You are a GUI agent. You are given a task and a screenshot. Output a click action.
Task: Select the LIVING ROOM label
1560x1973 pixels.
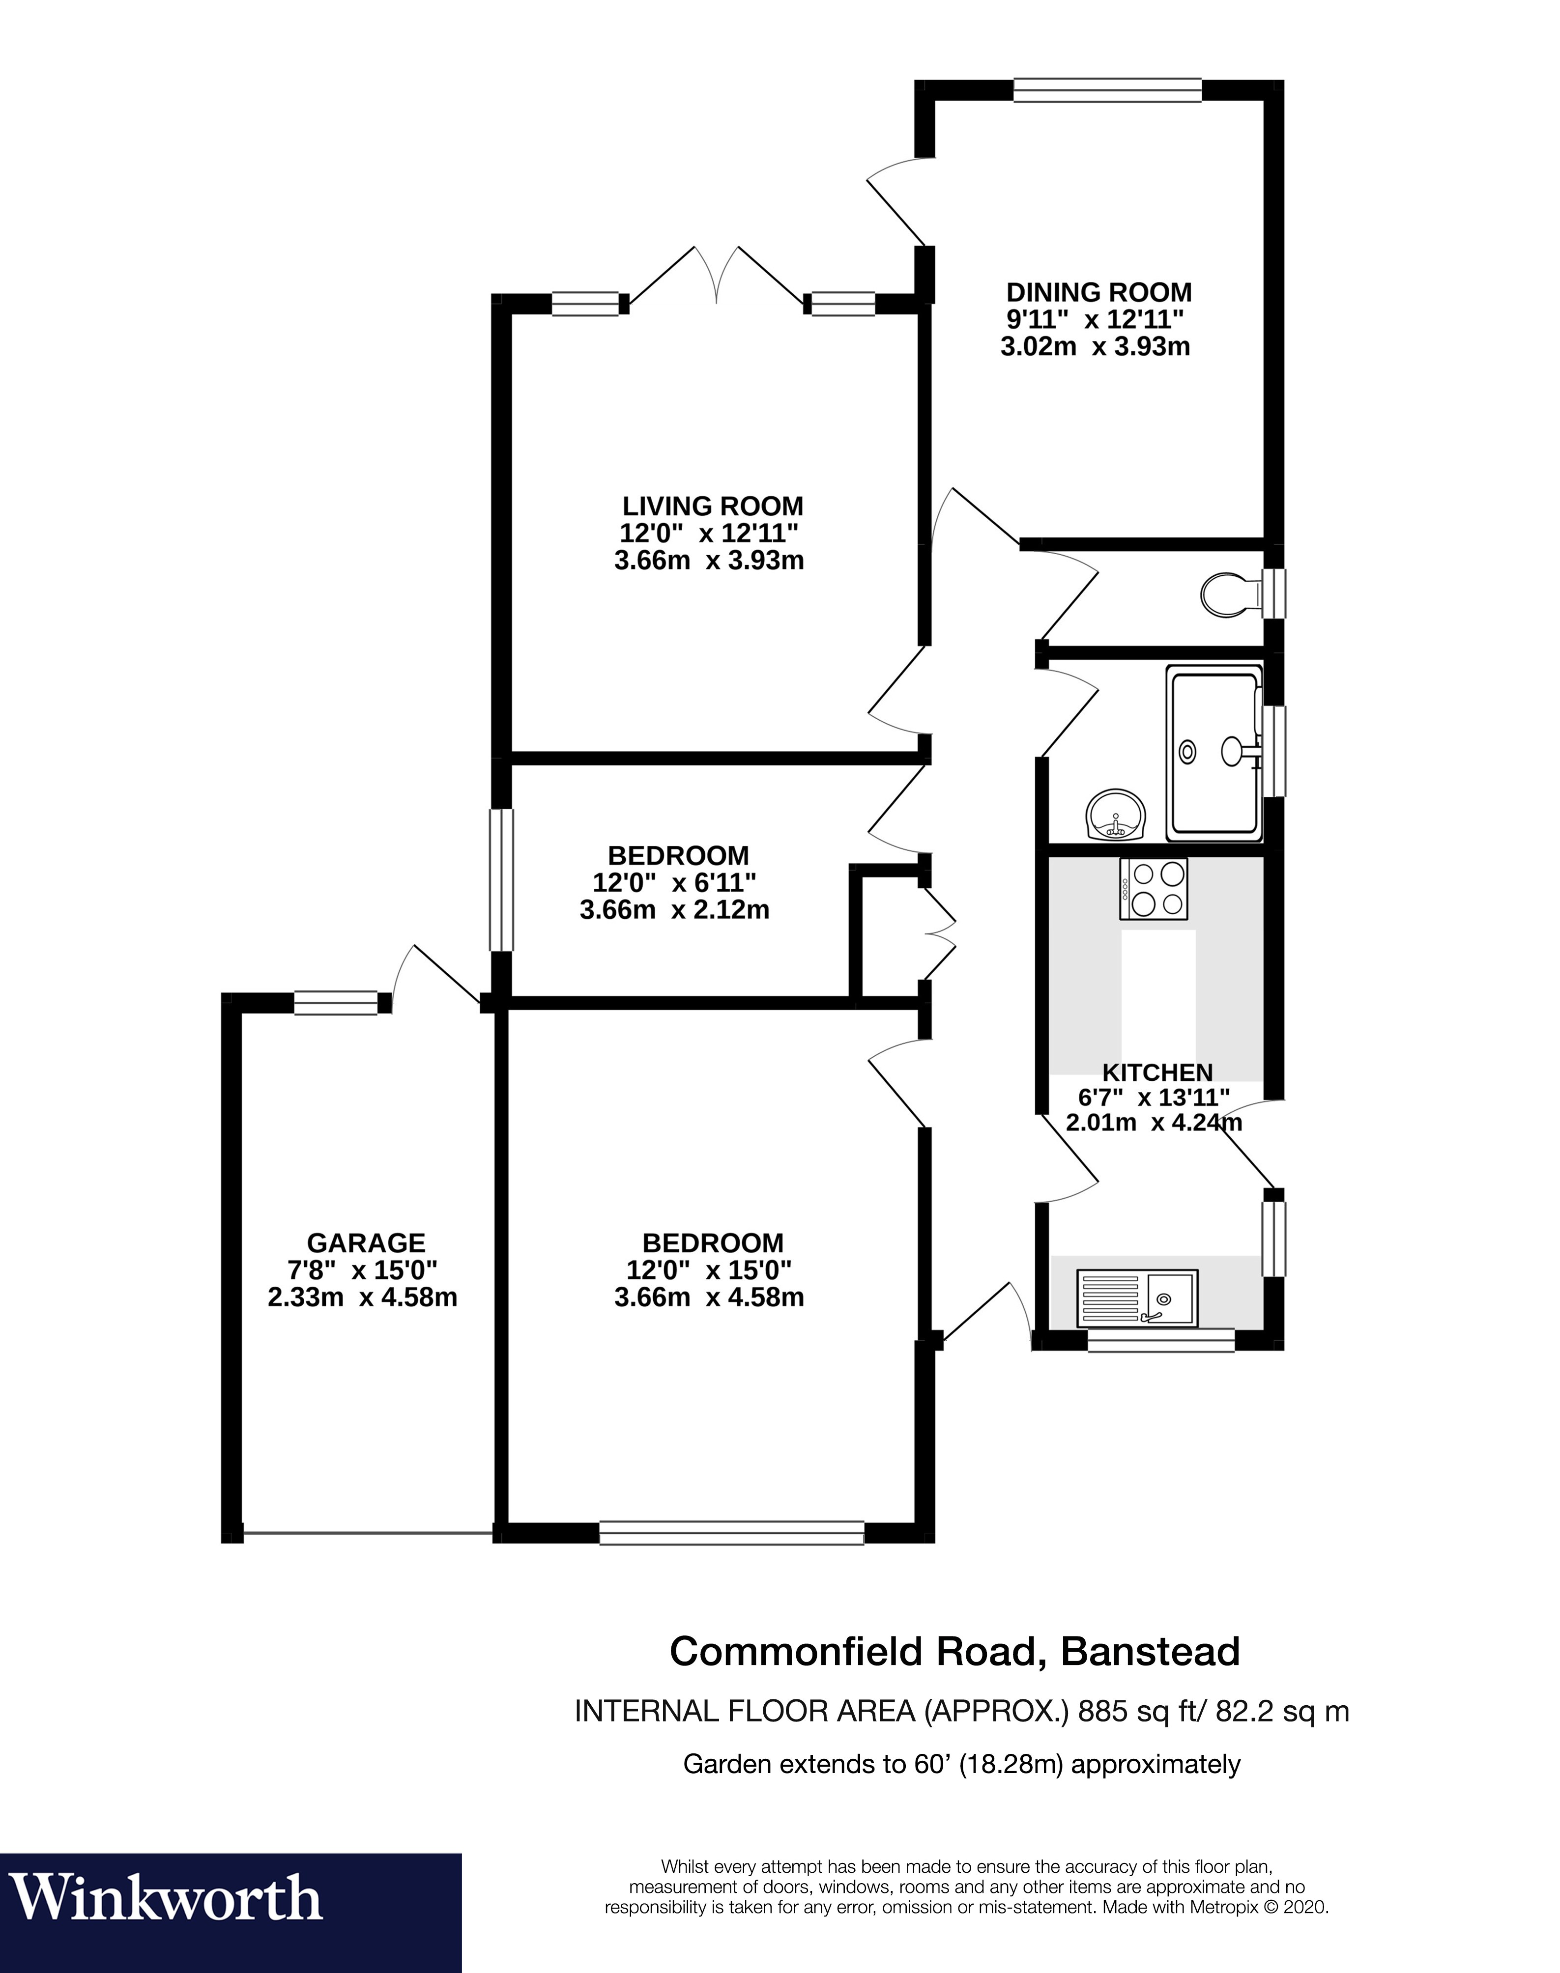pos(712,506)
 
